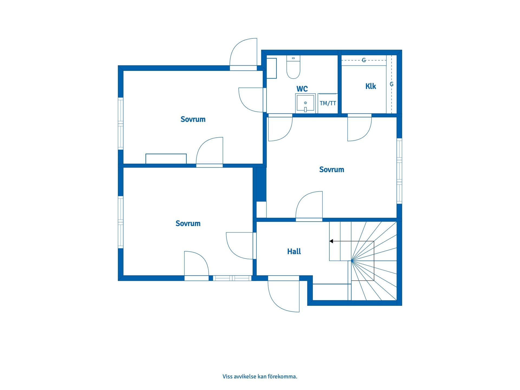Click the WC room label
point(302,89)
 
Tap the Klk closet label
point(370,86)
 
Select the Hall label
point(294,252)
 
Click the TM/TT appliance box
point(328,103)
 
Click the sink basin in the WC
point(305,103)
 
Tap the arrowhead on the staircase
point(331,241)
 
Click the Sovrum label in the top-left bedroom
point(193,119)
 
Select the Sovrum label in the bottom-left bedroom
point(188,223)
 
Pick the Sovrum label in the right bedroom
point(331,170)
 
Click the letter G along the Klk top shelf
point(364,60)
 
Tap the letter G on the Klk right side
point(391,84)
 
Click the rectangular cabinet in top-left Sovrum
point(166,159)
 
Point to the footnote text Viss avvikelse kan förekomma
point(260,376)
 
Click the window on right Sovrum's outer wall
point(399,171)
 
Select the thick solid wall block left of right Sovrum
point(261,184)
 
